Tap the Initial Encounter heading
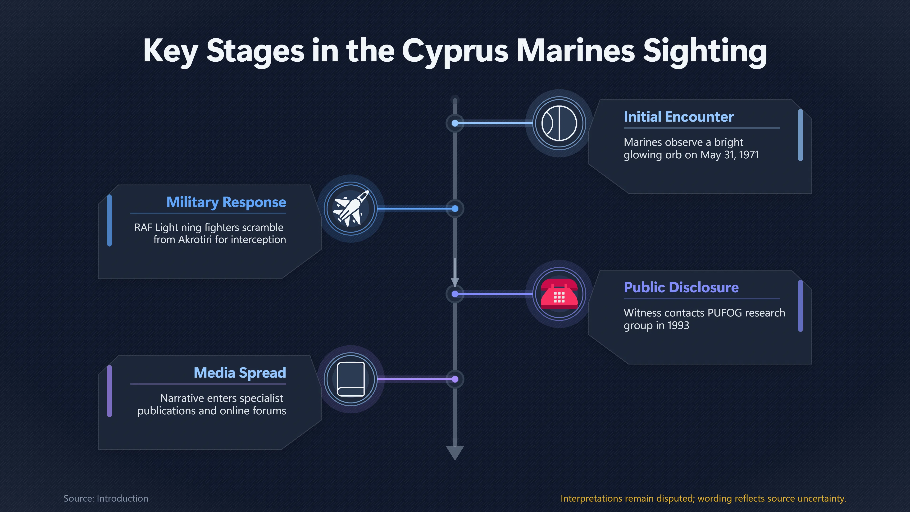pyautogui.click(x=679, y=117)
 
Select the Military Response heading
pyautogui.click(x=226, y=202)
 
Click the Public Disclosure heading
pyautogui.click(x=681, y=287)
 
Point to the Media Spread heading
pyautogui.click(x=240, y=373)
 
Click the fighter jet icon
pyautogui.click(x=351, y=209)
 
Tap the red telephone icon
pyautogui.click(x=559, y=294)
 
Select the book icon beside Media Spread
pyautogui.click(x=351, y=379)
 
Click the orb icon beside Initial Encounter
pyautogui.click(x=559, y=123)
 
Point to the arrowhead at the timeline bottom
pyautogui.click(x=455, y=453)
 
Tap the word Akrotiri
pyautogui.click(x=195, y=240)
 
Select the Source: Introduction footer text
pyautogui.click(x=106, y=498)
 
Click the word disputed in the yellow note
pyautogui.click(x=676, y=498)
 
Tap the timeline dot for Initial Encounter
pyautogui.click(x=455, y=123)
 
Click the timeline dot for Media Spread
pyautogui.click(x=455, y=379)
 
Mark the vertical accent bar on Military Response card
pyautogui.click(x=109, y=220)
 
